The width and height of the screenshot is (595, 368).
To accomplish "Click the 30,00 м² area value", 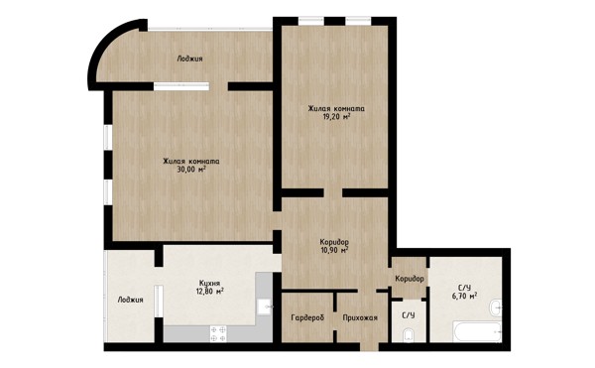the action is [191, 170].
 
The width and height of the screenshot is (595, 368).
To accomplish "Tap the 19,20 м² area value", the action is [336, 116].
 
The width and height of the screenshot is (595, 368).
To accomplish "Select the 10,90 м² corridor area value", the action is [334, 250].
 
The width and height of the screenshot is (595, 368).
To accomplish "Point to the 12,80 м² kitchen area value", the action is [209, 292].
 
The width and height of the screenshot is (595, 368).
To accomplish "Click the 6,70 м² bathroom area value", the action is [464, 296].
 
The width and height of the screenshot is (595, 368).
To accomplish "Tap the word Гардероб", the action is [307, 318].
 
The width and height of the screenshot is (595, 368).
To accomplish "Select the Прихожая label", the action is [360, 317].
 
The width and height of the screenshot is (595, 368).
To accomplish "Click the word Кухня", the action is [209, 283].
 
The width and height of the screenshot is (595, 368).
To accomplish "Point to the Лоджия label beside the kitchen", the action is [130, 300].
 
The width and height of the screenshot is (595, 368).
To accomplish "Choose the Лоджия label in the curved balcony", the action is [189, 59].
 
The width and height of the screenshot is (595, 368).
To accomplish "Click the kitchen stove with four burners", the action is [218, 334].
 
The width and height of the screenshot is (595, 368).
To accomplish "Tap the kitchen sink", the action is [264, 307].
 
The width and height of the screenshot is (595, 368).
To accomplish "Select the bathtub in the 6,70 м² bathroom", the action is [477, 331].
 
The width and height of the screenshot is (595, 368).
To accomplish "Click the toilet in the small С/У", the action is [409, 334].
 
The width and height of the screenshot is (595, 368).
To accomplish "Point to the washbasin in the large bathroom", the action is [495, 307].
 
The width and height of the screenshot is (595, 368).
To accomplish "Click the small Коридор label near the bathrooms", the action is [410, 279].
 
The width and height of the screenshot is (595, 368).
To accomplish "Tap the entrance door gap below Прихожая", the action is [369, 347].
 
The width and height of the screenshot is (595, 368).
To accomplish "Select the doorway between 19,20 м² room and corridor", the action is [333, 192].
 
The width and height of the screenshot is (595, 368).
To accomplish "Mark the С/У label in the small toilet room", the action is [409, 315].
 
